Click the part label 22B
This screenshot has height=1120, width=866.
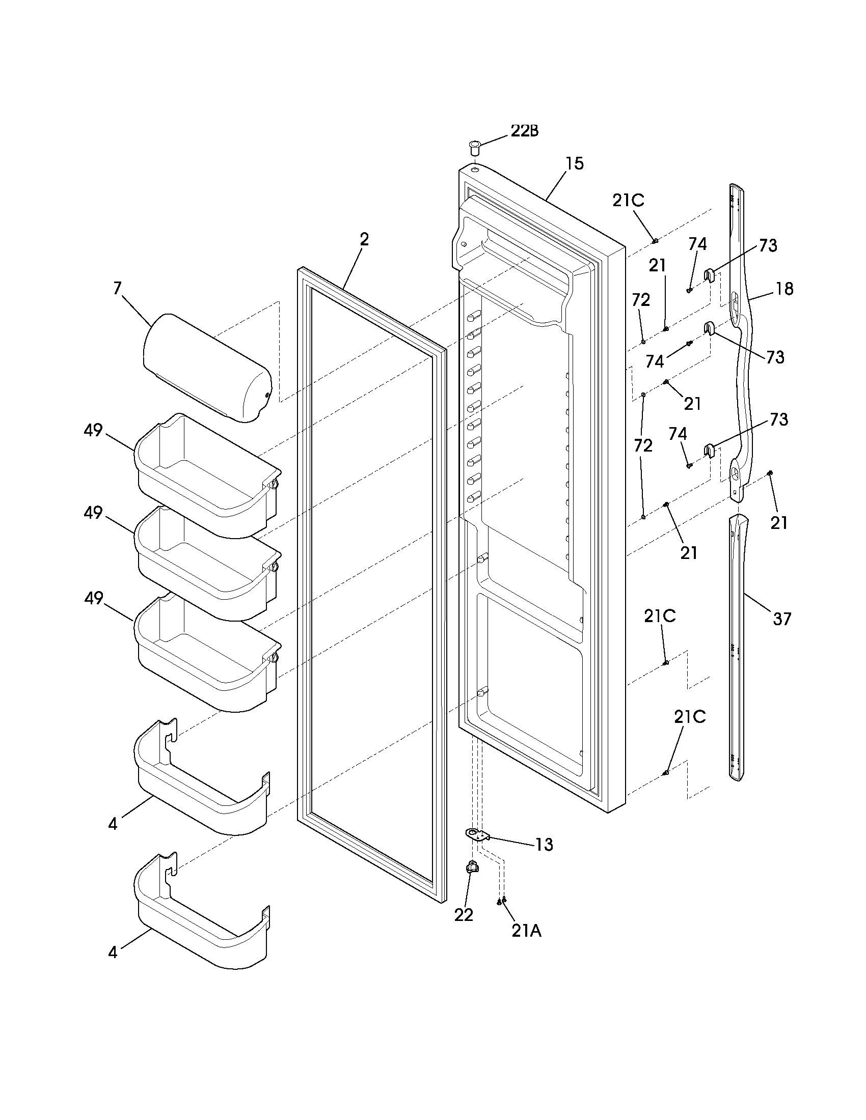click(524, 131)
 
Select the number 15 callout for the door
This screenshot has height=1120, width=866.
click(575, 163)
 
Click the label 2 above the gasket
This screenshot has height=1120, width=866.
click(364, 239)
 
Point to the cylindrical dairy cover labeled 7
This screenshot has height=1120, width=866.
click(205, 368)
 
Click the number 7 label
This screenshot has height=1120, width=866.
click(118, 288)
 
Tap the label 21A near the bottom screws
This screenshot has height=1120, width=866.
click(526, 931)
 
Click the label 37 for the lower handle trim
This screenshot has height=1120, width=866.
click(782, 619)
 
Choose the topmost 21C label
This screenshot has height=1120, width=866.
click(628, 201)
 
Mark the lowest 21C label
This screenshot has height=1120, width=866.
click(690, 717)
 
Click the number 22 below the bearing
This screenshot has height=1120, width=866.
click(463, 914)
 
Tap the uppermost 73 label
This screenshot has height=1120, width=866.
click(768, 246)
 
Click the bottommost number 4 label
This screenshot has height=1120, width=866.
click(113, 953)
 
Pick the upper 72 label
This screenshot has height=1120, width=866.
click(641, 299)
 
